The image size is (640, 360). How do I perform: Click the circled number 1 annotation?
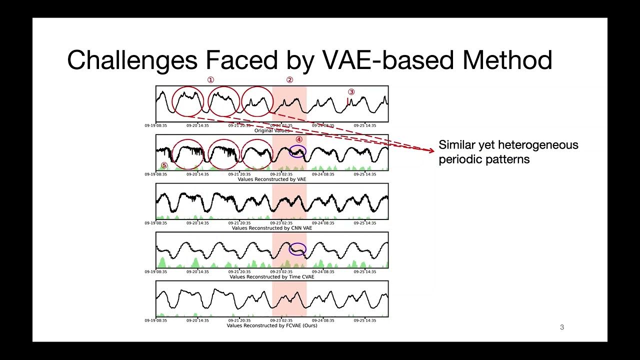tap(210, 79)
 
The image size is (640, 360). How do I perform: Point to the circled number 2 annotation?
tap(289, 79)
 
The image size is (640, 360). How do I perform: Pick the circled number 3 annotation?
tap(351, 92)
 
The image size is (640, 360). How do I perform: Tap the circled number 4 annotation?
tap(299, 140)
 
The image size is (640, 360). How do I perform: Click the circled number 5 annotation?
tap(164, 165)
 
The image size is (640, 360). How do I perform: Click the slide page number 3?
tap(562, 327)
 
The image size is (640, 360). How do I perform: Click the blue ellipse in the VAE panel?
tap(297, 151)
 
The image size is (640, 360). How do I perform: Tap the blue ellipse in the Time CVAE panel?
tap(297, 249)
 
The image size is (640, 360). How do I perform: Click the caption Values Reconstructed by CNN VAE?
tap(271, 228)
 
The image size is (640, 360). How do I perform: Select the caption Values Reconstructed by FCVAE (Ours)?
tap(271, 325)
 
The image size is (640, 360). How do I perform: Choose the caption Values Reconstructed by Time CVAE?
tap(271, 276)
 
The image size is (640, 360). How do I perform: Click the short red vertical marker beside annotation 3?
tap(347, 101)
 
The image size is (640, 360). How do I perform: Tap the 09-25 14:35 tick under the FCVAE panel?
tap(365, 320)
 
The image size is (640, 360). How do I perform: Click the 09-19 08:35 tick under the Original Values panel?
tap(156, 125)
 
